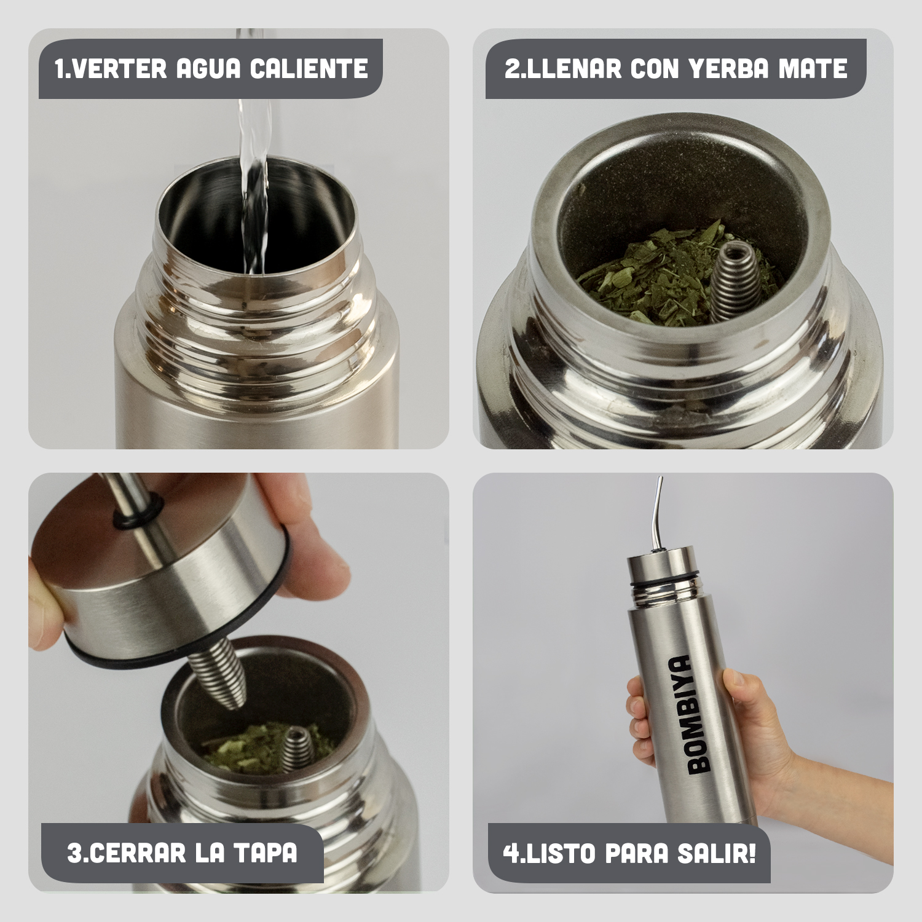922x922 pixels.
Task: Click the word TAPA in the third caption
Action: pyautogui.click(x=268, y=853)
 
